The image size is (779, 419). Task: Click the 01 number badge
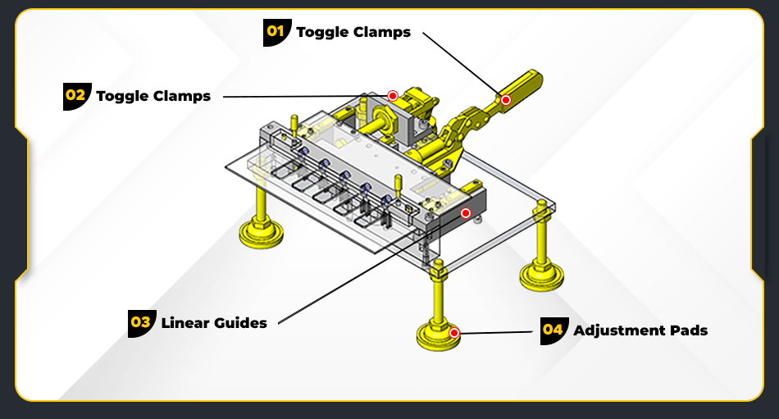point(276,32)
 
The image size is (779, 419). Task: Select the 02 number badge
point(75,95)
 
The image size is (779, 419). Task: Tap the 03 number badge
point(141,322)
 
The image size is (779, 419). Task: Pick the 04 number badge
point(553,330)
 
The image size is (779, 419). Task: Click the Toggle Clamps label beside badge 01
point(353,33)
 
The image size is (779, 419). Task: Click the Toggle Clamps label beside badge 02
point(153,96)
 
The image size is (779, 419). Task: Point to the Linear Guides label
point(214,323)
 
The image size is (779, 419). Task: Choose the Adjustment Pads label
point(640,331)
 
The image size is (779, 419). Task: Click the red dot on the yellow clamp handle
point(506,100)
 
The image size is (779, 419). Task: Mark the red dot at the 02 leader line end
point(393,96)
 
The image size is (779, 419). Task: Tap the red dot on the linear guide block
point(466,213)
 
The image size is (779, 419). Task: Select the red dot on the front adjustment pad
point(454,333)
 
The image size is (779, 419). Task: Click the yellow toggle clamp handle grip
point(522,87)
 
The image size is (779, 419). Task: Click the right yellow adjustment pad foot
point(540,275)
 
